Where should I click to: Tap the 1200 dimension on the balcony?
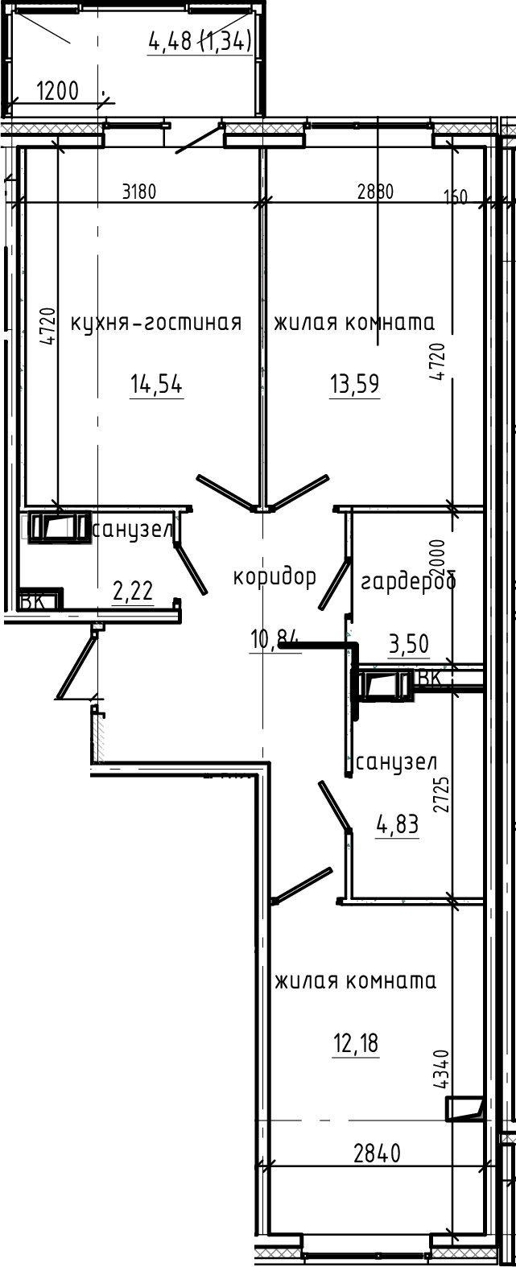click(58, 91)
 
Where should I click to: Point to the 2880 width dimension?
click(375, 192)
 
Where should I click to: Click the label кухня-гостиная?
click(156, 323)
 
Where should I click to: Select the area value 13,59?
click(353, 385)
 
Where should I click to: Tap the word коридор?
click(274, 576)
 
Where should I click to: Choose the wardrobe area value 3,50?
click(408, 644)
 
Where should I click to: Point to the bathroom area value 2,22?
click(133, 593)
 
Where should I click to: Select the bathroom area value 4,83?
click(398, 825)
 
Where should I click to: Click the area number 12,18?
click(355, 1044)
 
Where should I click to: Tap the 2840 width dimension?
click(377, 1154)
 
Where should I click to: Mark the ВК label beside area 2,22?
click(32, 600)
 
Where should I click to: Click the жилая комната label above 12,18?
click(355, 981)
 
